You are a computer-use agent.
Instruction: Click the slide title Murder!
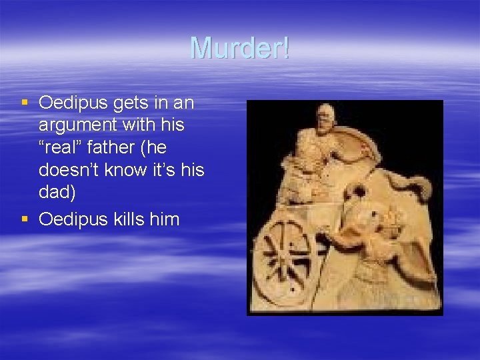[240, 47]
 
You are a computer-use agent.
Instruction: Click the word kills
[127, 219]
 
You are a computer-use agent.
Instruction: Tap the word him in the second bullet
[165, 219]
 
